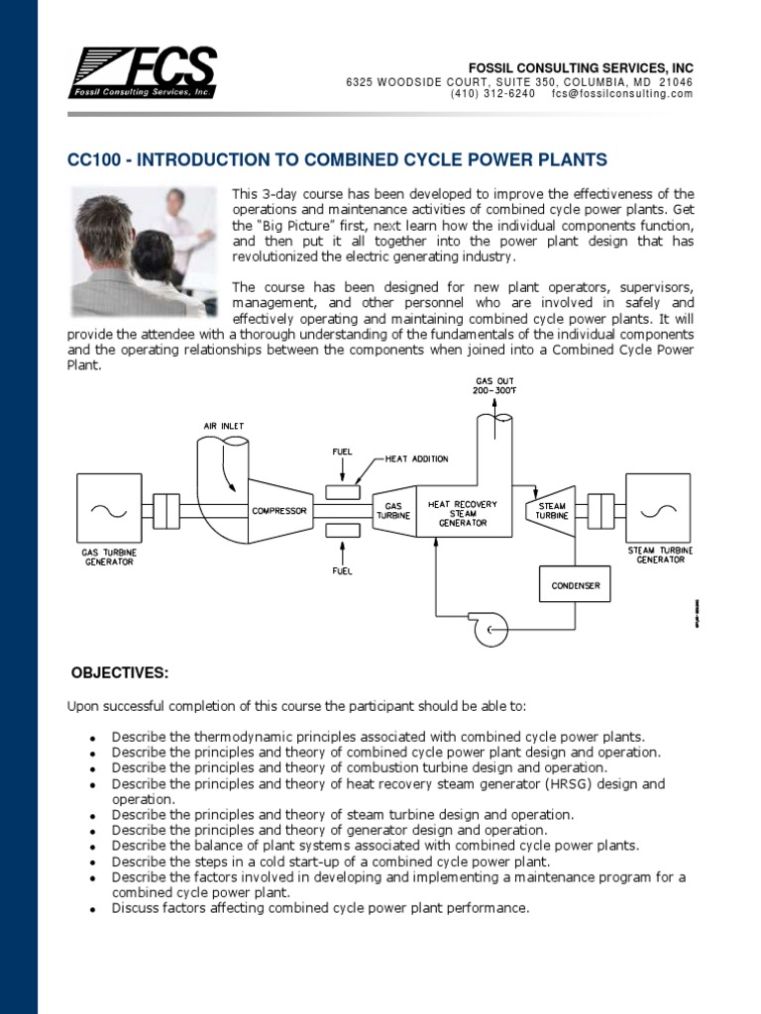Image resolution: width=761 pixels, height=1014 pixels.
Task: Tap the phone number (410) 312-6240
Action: (492, 94)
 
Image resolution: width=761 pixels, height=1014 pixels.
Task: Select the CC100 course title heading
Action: (337, 159)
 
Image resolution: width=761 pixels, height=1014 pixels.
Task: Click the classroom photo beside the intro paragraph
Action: (145, 252)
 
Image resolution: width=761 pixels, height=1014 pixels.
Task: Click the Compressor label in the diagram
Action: (279, 511)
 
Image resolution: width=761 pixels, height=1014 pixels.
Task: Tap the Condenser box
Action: (576, 585)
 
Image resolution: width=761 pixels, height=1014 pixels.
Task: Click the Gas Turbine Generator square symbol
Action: (103, 511)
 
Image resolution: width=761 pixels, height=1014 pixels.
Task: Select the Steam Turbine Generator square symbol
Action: (658, 511)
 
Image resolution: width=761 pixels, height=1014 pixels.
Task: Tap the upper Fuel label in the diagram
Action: (342, 453)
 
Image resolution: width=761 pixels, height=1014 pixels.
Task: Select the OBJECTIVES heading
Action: (120, 674)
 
